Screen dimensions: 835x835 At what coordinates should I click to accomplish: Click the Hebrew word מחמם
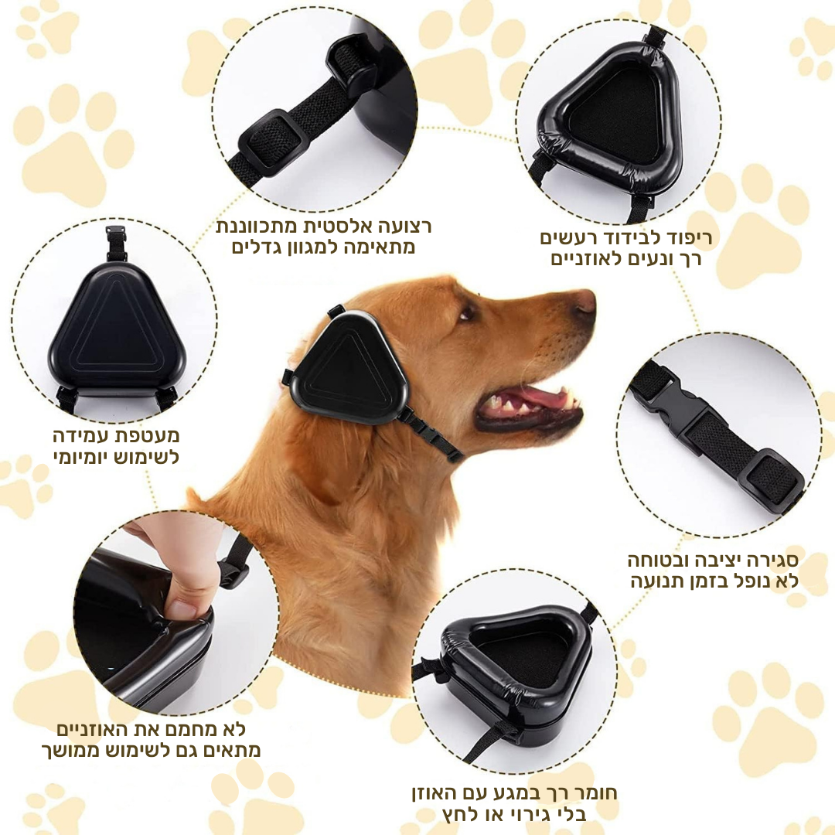pos(186,729)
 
